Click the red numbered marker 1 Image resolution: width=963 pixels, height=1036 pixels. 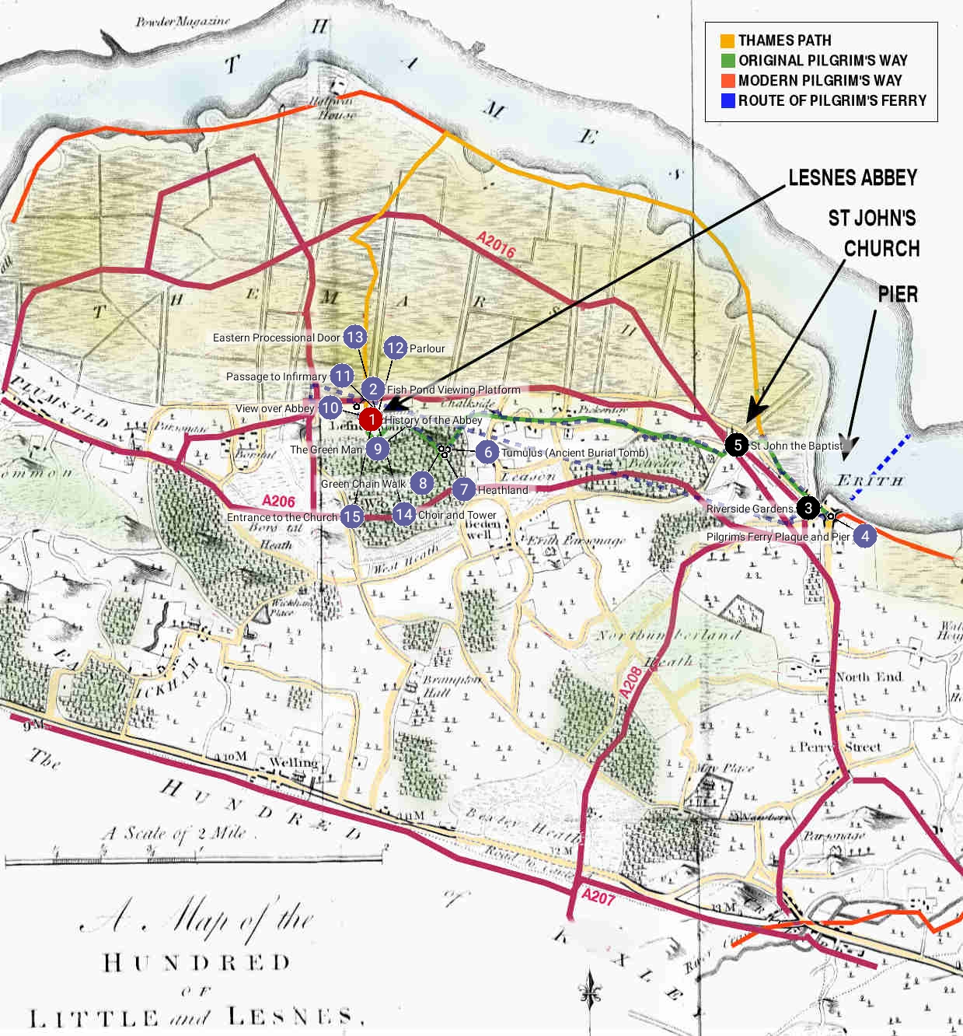click(371, 420)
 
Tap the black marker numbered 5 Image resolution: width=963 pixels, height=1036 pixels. click(737, 444)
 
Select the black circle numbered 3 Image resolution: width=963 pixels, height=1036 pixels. click(808, 508)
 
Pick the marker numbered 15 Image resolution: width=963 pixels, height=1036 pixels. click(351, 516)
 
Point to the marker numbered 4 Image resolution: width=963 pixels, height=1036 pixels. click(864, 536)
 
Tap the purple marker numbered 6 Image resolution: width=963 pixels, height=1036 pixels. click(487, 452)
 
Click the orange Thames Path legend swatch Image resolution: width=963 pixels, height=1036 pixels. click(727, 40)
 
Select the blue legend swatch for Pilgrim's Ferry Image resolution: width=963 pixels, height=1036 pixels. click(727, 100)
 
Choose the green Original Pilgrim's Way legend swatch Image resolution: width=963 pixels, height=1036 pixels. click(727, 60)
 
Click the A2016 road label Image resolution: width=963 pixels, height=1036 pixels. click(496, 246)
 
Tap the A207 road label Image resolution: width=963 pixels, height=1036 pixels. click(598, 897)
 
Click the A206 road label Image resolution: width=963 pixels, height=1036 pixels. click(279, 501)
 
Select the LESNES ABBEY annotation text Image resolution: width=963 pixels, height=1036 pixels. click(853, 178)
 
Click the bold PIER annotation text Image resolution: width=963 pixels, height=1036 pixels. click(898, 295)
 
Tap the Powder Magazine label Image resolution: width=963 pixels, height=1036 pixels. click(183, 22)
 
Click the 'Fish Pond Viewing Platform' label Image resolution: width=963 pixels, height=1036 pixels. click(454, 390)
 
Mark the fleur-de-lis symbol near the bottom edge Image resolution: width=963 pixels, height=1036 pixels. click(591, 992)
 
